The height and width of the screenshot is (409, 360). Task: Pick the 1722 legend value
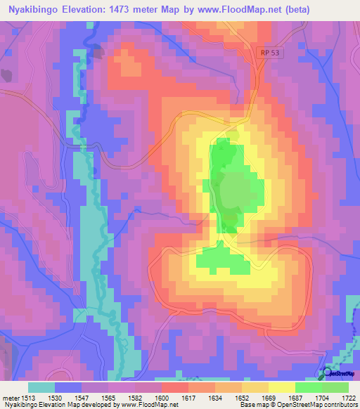click(349, 398)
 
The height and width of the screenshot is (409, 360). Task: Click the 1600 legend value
click(162, 398)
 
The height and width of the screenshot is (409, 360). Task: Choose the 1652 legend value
click(242, 398)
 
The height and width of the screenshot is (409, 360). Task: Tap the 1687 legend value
click(295, 398)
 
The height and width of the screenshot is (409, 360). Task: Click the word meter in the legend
click(10, 398)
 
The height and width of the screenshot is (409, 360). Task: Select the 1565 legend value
click(108, 398)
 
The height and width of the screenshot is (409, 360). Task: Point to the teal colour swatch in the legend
click(41, 387)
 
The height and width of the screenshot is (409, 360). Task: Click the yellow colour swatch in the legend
click(282, 387)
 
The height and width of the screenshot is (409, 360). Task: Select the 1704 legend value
click(322, 398)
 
